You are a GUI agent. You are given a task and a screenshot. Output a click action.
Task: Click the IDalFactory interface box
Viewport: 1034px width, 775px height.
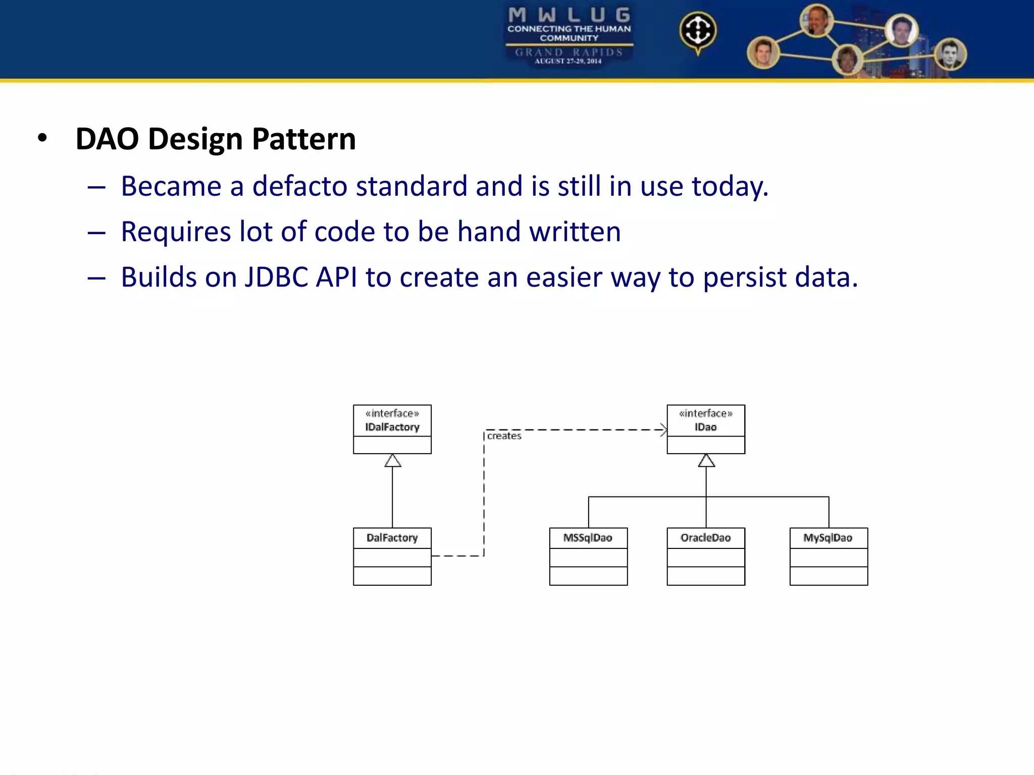392,429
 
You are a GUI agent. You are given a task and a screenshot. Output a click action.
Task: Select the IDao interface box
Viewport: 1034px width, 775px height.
706,429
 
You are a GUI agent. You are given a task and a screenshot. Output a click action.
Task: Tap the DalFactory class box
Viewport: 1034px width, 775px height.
392,556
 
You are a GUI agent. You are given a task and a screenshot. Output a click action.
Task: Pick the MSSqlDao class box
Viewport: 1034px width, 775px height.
588,556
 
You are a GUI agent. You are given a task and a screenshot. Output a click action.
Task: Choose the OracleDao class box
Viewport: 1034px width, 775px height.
706,556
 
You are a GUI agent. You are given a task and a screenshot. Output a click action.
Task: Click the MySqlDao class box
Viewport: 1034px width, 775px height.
829,556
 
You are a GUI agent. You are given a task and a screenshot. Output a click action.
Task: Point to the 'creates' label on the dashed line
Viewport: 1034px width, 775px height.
504,436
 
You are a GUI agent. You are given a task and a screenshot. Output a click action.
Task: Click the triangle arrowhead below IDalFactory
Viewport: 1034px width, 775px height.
393,461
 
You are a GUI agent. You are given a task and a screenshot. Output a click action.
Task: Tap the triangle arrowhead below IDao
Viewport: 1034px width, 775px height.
706,461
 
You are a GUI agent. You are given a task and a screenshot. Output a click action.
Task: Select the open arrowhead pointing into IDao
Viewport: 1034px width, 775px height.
663,430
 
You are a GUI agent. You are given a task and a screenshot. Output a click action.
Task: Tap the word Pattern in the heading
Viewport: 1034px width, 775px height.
304,139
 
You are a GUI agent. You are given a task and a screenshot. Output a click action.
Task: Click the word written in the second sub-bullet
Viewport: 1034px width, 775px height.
575,232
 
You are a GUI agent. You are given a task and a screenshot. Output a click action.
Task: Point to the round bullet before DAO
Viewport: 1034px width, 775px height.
42,138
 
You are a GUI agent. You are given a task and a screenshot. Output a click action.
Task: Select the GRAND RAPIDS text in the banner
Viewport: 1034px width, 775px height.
569,52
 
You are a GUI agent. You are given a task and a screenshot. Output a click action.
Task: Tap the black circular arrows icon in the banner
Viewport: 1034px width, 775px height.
698,30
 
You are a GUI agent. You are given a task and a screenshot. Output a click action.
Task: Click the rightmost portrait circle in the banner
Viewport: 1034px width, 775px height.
950,54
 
